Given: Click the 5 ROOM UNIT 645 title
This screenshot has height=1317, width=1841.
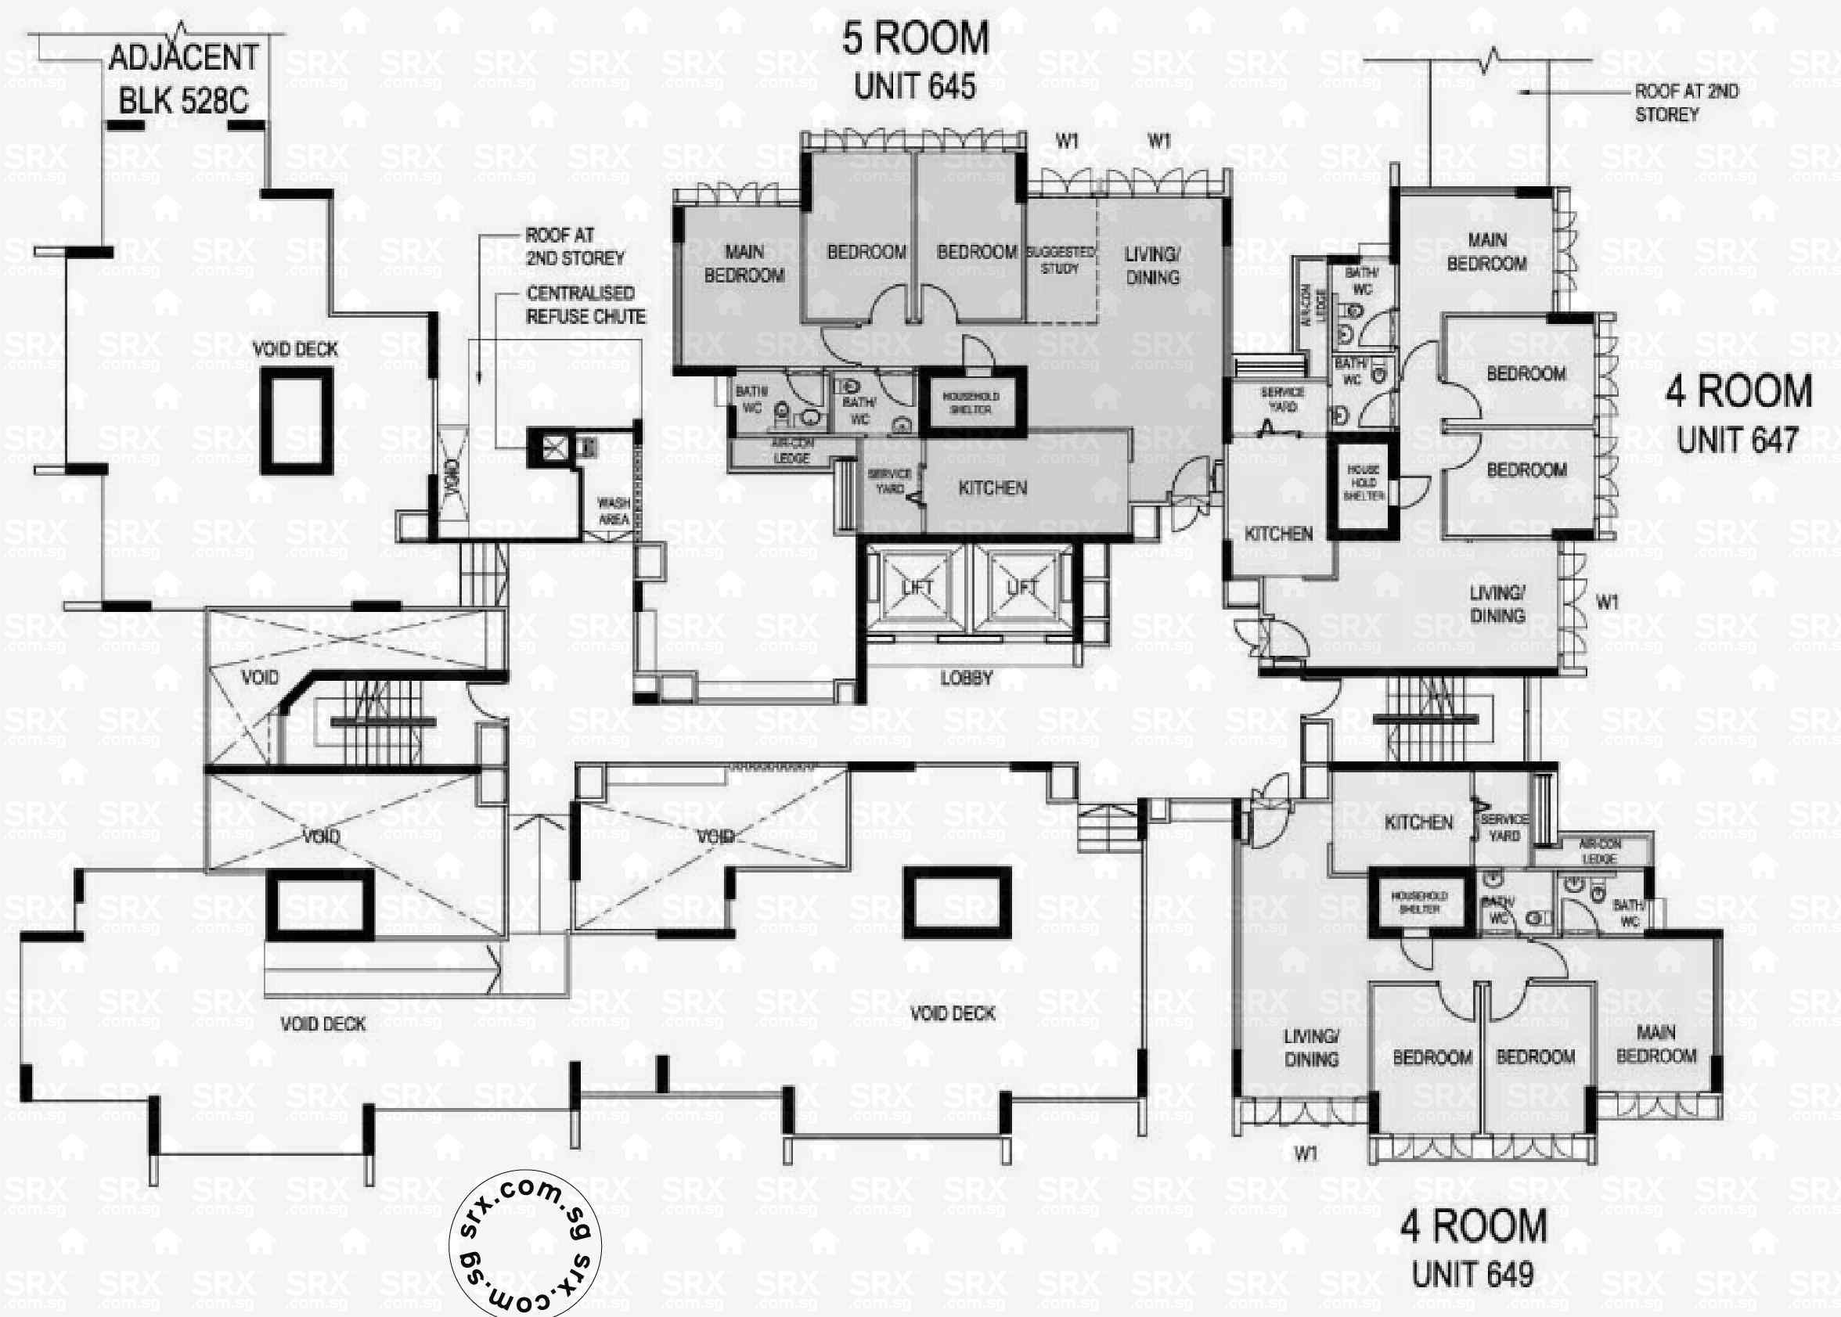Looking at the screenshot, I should click(x=915, y=62).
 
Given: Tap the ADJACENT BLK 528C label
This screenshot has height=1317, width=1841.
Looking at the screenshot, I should click(x=183, y=80).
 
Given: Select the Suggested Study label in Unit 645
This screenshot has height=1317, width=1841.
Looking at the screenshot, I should click(x=1060, y=261).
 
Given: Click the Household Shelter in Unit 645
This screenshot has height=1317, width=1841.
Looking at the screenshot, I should click(x=971, y=403).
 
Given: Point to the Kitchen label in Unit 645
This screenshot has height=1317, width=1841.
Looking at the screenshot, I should click(x=993, y=488).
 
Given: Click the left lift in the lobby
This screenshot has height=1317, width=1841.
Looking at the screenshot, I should click(x=917, y=587).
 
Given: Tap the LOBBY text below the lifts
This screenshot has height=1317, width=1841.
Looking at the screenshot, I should click(x=966, y=678).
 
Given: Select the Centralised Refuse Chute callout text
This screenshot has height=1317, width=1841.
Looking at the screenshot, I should click(x=585, y=305).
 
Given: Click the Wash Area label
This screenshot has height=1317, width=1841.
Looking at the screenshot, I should click(x=614, y=511).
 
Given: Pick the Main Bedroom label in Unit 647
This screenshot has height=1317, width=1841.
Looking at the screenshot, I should click(x=1486, y=252).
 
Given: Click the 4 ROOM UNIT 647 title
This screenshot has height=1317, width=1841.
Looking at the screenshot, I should click(x=1738, y=414).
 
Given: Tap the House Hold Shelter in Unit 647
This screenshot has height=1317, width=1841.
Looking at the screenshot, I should click(x=1364, y=483).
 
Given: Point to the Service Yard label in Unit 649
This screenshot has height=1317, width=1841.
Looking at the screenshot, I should click(x=1504, y=827).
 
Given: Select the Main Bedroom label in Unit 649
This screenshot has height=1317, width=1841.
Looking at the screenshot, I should click(x=1656, y=1045).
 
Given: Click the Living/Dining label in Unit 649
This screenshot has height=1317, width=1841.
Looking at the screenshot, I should click(x=1311, y=1048).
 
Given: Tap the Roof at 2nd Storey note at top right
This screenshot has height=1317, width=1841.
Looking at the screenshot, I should click(x=1686, y=103).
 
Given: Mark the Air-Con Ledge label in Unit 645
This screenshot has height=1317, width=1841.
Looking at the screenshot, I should click(x=791, y=452).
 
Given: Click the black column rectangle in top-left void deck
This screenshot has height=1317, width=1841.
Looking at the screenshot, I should click(x=296, y=421).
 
